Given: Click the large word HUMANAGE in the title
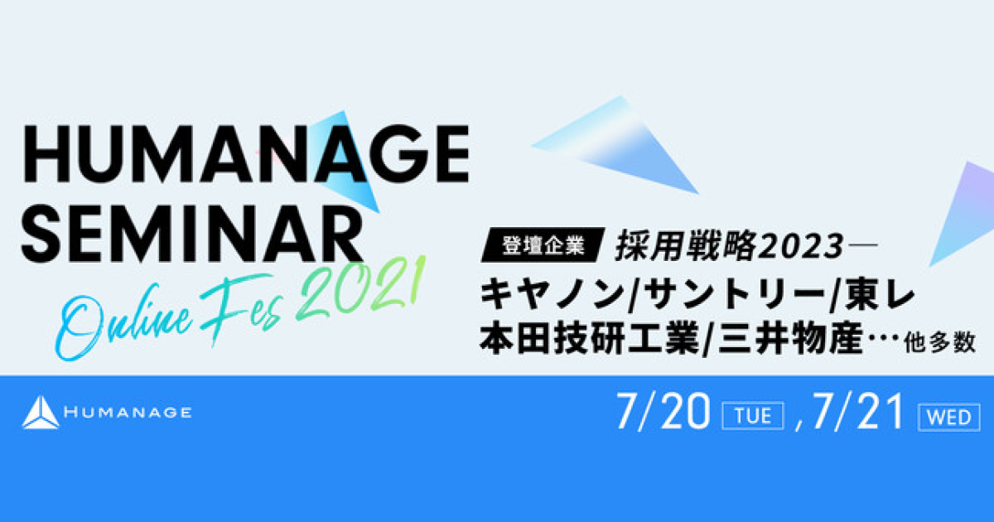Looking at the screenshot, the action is click(246, 153).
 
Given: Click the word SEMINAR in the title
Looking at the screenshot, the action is click(191, 234).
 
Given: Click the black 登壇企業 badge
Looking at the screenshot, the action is click(543, 244).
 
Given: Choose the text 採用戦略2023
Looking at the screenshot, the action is click(729, 245).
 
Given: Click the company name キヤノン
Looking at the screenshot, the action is click(553, 293).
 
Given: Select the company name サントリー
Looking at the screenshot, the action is click(731, 293).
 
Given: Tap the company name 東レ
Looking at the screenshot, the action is click(878, 293).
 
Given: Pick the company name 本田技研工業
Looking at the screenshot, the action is click(590, 339).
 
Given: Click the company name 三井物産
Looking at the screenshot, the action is click(790, 339).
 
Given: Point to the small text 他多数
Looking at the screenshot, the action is click(940, 343).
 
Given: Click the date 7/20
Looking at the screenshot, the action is click(663, 412).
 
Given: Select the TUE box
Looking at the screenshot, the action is click(753, 416).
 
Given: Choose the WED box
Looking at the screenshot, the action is click(949, 418).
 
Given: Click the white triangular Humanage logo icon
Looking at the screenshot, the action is click(41, 413).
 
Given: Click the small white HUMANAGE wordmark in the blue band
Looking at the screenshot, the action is click(128, 413).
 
